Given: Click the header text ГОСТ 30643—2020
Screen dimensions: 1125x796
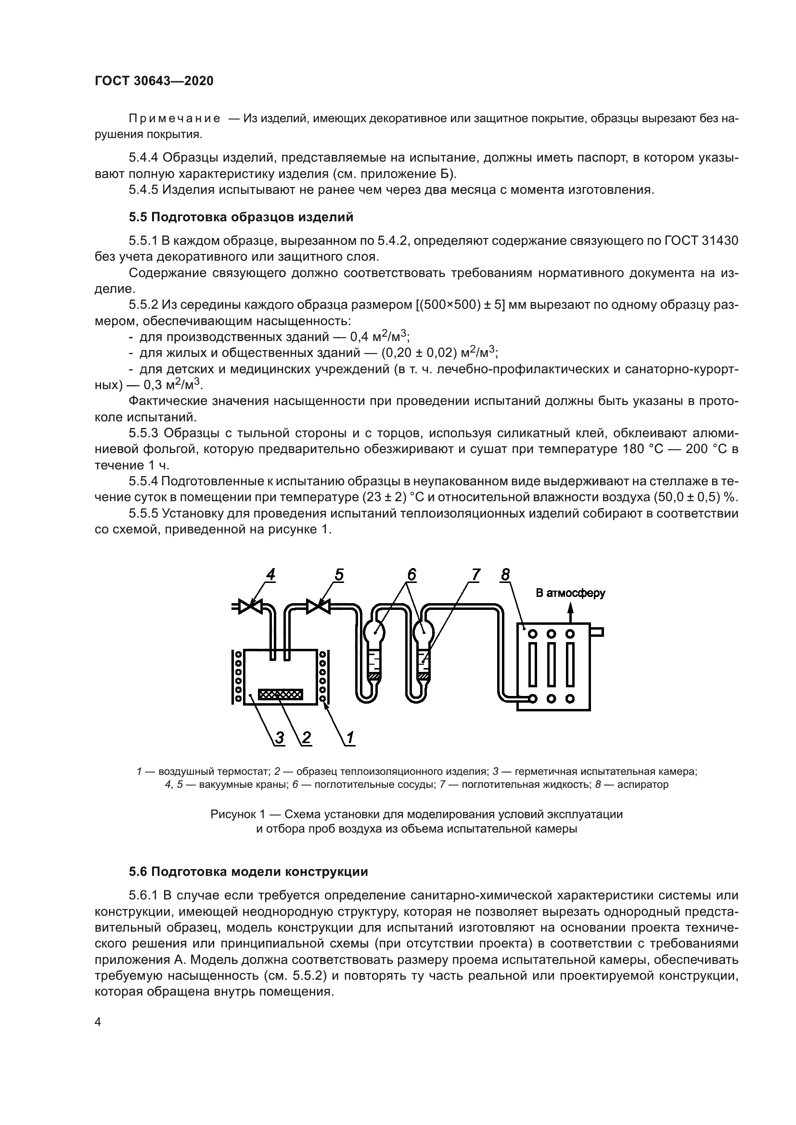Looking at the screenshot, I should [154, 81].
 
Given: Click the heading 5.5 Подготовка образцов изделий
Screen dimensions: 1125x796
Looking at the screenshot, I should [241, 217].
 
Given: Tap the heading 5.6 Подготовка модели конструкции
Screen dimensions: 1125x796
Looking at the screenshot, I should [248, 872].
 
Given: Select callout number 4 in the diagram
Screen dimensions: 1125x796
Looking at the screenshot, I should [270, 574].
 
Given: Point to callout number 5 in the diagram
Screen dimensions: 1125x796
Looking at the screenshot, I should [339, 574].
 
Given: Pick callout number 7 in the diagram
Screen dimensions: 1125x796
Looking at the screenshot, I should [475, 574].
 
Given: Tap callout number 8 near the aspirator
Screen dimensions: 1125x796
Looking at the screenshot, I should [505, 574].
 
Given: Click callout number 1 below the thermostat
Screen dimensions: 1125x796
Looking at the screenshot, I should [350, 737].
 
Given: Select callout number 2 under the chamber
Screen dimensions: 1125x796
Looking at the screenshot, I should [306, 737].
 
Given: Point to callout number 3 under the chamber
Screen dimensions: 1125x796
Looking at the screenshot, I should [279, 737].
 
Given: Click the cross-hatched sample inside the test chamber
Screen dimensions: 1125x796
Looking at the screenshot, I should [281, 695].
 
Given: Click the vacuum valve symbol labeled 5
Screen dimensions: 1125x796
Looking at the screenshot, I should [318, 607].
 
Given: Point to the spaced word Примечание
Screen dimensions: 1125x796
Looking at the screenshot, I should [174, 119].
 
